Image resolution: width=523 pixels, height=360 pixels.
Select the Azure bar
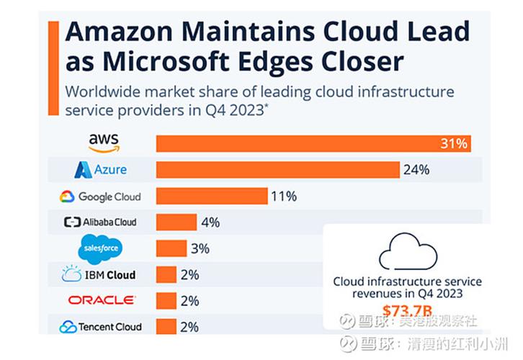coord(277,170)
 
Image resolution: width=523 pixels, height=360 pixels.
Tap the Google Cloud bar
coord(212,196)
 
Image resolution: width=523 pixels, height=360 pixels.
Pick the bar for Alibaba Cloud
coord(176,222)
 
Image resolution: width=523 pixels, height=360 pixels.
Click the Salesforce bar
coord(171,248)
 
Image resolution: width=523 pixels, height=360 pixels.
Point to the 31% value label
coord(454,143)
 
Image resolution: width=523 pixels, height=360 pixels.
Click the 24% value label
coord(416,170)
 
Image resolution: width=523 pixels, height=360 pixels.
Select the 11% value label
coord(283,196)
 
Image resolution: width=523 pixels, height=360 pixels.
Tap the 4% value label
coord(211,222)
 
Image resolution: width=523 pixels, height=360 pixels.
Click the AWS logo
coord(104,143)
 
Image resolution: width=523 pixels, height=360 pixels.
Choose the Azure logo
coord(100,170)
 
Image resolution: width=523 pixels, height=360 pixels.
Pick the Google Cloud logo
coord(99,197)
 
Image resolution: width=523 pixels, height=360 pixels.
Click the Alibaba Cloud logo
coord(99,222)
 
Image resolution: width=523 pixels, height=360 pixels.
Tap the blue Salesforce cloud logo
coord(100,249)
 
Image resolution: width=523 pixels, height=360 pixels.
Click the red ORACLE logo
coord(101,300)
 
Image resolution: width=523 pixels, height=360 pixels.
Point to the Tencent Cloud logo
coord(100,327)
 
